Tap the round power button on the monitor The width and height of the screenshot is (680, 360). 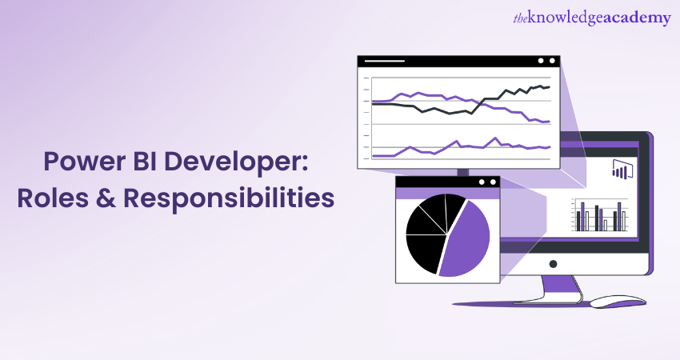tap(552, 263)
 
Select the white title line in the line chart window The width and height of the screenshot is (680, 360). tap(385, 61)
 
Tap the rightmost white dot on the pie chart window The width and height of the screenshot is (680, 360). tap(492, 182)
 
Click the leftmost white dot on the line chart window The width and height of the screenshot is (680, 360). tap(541, 61)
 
